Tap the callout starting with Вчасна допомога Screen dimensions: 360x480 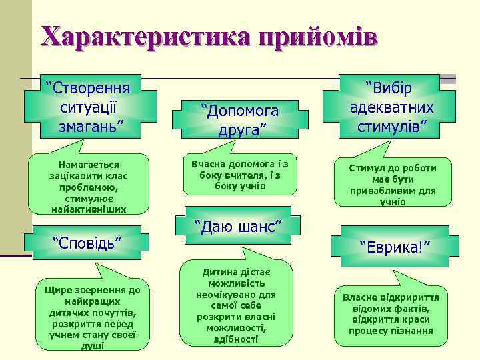[240, 174]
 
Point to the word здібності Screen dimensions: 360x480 [236, 339]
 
